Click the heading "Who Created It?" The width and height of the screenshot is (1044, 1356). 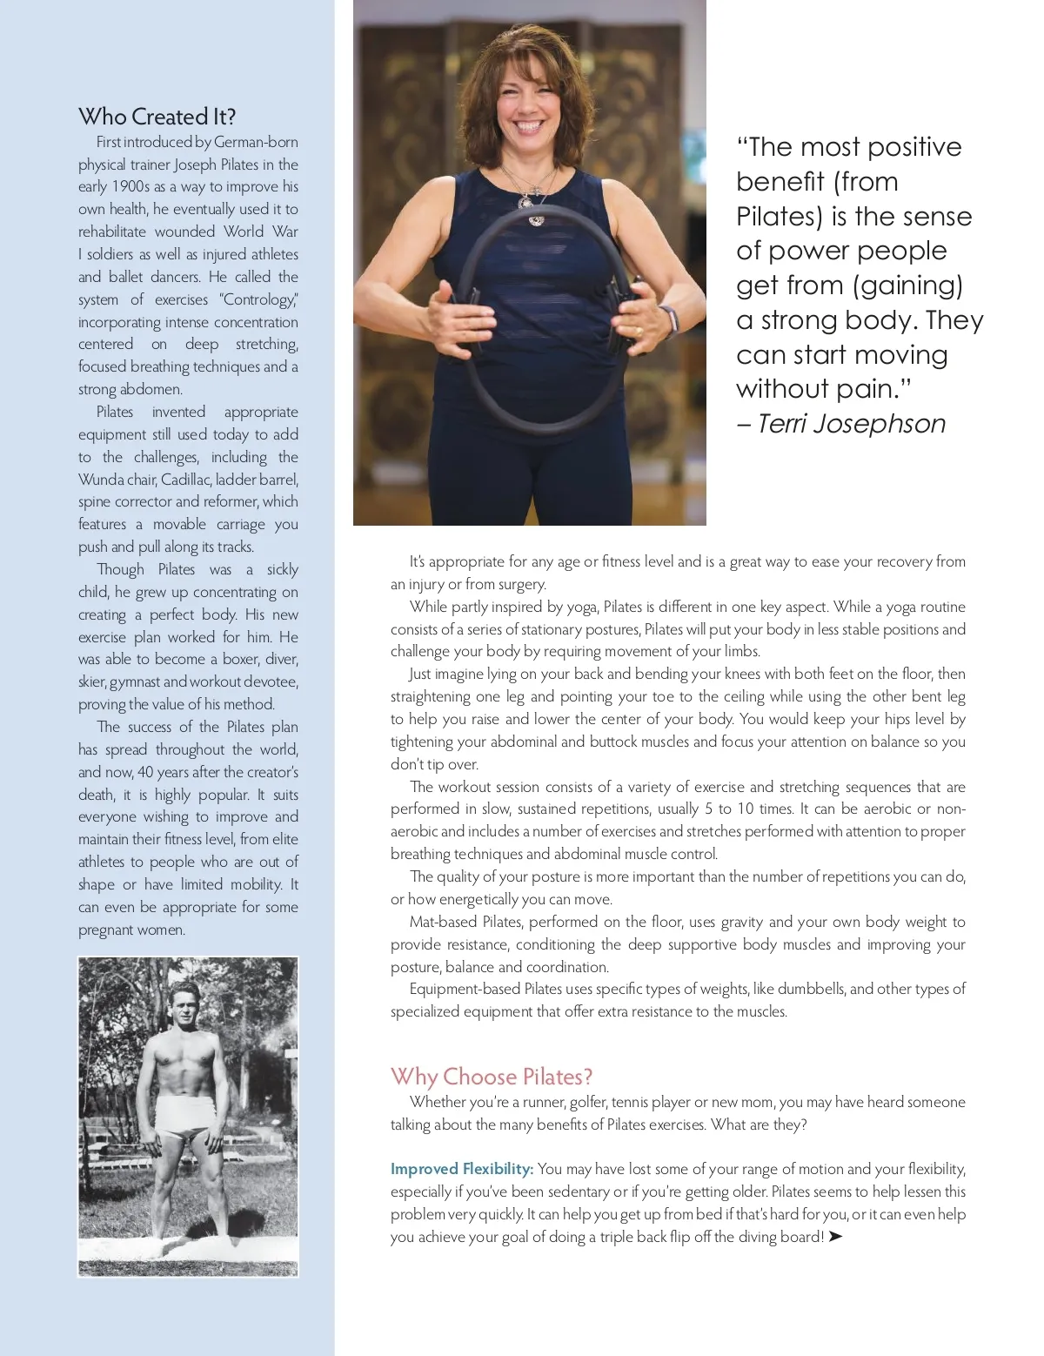[157, 117]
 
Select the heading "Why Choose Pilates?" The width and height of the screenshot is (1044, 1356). [492, 1077]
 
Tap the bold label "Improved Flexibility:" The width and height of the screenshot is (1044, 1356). [462, 1169]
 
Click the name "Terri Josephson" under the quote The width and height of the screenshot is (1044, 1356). [851, 424]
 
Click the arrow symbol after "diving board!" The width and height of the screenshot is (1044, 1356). [836, 1237]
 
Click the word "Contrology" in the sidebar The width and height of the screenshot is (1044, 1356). [259, 299]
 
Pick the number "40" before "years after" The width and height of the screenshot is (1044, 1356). [146, 772]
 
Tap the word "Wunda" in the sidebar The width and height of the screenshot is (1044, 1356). [101, 480]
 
